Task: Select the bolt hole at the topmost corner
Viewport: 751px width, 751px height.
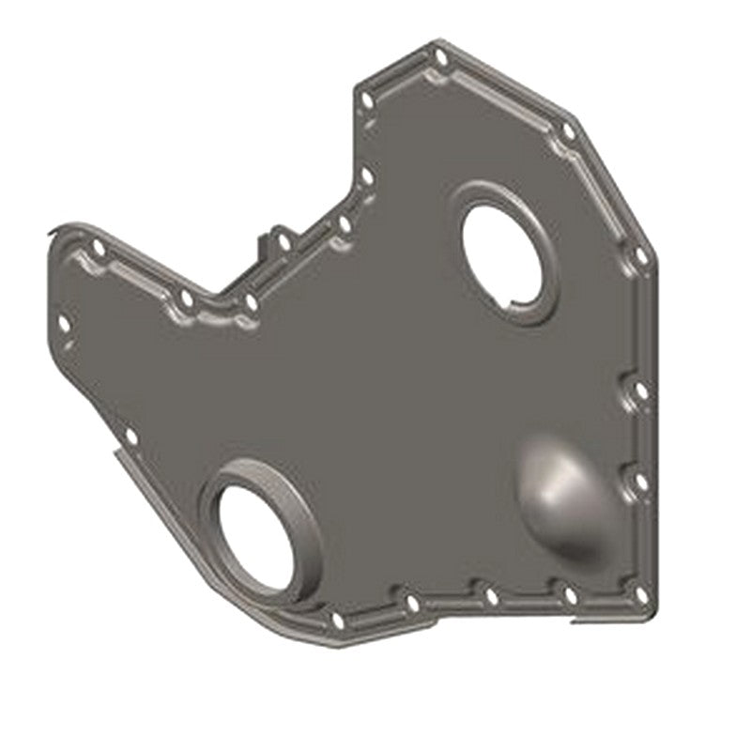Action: coord(439,57)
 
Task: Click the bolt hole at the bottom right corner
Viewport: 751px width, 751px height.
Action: coord(641,594)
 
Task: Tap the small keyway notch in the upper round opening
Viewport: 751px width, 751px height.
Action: coord(514,301)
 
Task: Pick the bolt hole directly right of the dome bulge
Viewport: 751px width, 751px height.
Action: coord(640,481)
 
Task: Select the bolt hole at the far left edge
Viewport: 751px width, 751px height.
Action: coord(64,323)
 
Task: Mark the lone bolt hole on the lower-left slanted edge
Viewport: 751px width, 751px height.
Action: coord(130,437)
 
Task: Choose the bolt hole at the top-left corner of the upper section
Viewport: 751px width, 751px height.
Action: coord(367,100)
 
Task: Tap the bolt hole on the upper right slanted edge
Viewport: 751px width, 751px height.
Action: coord(568,132)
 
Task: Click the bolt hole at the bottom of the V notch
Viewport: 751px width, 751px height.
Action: coord(251,302)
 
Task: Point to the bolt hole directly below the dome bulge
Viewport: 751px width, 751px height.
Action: coord(569,594)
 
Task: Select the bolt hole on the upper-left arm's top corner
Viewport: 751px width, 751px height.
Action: coord(98,247)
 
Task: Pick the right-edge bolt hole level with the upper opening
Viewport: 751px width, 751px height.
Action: coord(640,254)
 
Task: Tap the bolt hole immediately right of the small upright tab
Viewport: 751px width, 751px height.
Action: coord(283,242)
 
